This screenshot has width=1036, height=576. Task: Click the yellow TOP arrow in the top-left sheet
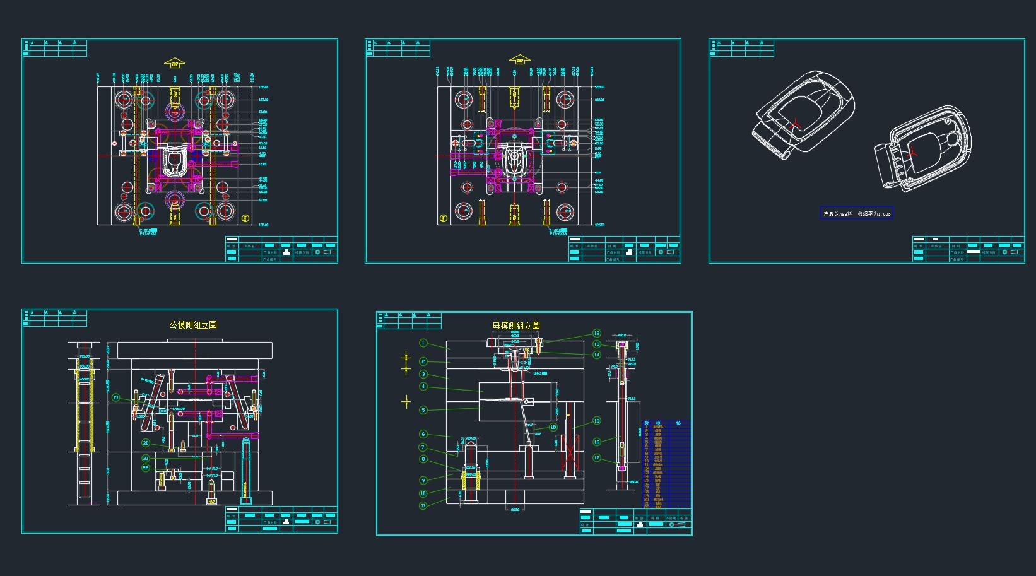[x=175, y=62]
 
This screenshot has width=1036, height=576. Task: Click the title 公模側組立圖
[x=193, y=325]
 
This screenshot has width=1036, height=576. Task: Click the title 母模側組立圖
[x=516, y=326]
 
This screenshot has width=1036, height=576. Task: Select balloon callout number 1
[x=423, y=343]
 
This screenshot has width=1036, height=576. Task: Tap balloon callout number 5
[x=423, y=410]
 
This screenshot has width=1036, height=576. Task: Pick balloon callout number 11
[x=423, y=505]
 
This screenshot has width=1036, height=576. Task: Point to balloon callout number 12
[x=597, y=333]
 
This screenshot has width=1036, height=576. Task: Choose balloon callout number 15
[x=597, y=421]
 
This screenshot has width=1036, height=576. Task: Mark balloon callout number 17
[x=597, y=458]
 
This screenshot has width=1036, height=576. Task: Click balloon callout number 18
[x=553, y=427]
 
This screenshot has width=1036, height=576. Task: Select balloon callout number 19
[x=116, y=397]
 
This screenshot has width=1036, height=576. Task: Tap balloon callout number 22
[x=146, y=468]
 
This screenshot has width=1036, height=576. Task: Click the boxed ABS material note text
[x=857, y=214]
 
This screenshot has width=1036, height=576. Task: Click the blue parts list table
[x=666, y=464]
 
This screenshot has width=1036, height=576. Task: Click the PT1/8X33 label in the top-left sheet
[x=149, y=233]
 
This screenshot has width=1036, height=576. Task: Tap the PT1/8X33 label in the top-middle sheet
[x=558, y=233]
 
